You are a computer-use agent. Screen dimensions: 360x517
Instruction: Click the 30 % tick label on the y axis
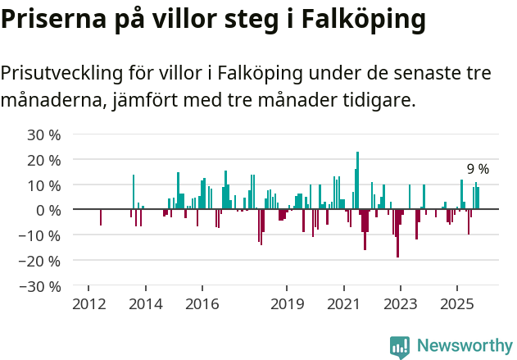coord(44,134)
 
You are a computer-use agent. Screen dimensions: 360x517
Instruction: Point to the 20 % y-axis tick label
coord(44,159)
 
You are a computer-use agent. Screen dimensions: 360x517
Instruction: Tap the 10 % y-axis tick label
coord(44,185)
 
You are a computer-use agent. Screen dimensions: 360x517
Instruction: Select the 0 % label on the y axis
coord(48,210)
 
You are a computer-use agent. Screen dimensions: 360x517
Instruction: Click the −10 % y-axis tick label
coord(41,235)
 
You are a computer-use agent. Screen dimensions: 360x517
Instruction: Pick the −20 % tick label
coord(41,261)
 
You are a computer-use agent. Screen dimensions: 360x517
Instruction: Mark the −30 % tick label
coord(41,286)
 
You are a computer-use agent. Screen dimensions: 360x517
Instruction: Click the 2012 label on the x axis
coord(89,304)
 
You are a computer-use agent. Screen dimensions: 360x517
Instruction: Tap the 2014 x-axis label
coord(146,304)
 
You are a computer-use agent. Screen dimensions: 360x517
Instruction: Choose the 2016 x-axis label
coord(202,304)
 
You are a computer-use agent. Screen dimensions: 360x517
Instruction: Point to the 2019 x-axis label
coord(287,304)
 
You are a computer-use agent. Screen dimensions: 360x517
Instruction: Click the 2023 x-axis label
coord(400,304)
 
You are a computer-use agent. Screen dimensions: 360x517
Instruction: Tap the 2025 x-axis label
coord(456,304)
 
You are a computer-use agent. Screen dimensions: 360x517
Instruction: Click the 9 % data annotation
coord(478,169)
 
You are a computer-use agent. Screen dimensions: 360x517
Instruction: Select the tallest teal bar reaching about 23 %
coord(358,180)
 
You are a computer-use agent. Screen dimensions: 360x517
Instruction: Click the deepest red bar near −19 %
coord(398,234)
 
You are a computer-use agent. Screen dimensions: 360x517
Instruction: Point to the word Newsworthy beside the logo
coord(464,346)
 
